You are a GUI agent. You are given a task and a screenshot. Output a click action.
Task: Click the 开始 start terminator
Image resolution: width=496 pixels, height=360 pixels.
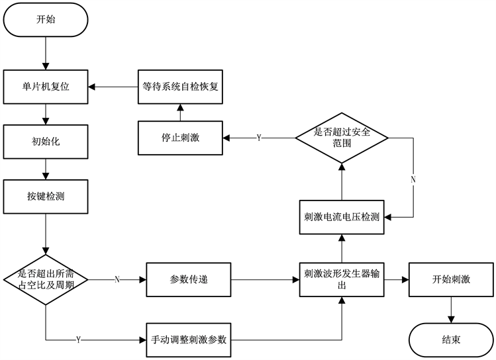pyautogui.click(x=46, y=21)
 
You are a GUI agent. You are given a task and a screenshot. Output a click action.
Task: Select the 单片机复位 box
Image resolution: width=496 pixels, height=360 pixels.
pyautogui.click(x=45, y=85)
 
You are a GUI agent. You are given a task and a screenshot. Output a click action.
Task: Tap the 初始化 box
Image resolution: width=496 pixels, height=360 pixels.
pyautogui.click(x=45, y=141)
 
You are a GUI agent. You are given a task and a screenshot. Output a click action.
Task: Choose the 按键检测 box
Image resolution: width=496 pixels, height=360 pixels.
pyautogui.click(x=45, y=196)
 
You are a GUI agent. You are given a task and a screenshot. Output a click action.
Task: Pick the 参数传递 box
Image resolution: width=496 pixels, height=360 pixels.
pyautogui.click(x=189, y=280)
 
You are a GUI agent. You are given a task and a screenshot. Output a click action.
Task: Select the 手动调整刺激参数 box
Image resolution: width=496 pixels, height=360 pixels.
pyautogui.click(x=189, y=339)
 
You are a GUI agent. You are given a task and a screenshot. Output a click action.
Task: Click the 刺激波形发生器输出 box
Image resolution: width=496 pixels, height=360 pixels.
pyautogui.click(x=342, y=280)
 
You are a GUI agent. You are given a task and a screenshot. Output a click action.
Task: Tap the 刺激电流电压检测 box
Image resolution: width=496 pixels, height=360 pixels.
pyautogui.click(x=342, y=216)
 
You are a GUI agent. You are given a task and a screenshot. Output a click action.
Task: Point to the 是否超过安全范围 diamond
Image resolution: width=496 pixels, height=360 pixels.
pyautogui.click(x=342, y=138)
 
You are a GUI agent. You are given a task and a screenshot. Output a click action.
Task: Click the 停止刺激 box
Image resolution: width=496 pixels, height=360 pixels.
pyautogui.click(x=181, y=138)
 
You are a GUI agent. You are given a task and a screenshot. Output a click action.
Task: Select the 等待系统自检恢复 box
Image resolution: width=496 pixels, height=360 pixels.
pyautogui.click(x=181, y=85)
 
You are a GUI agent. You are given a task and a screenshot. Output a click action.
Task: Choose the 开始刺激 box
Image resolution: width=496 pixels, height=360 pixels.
pyautogui.click(x=451, y=280)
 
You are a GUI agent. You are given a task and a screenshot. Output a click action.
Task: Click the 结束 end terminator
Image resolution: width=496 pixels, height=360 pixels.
pyautogui.click(x=451, y=339)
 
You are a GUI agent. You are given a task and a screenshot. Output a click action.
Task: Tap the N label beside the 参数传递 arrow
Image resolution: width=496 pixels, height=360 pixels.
pyautogui.click(x=117, y=280)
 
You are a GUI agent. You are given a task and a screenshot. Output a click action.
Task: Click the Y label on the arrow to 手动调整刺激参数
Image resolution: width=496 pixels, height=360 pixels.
pyautogui.click(x=78, y=339)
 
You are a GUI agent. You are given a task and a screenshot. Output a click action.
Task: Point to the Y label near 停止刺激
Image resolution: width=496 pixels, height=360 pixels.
pyautogui.click(x=258, y=138)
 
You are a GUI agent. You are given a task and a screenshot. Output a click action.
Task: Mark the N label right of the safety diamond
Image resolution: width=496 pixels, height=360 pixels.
pyautogui.click(x=413, y=179)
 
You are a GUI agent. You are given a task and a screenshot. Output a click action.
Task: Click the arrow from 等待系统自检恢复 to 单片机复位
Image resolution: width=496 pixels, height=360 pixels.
pyautogui.click(x=114, y=85)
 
